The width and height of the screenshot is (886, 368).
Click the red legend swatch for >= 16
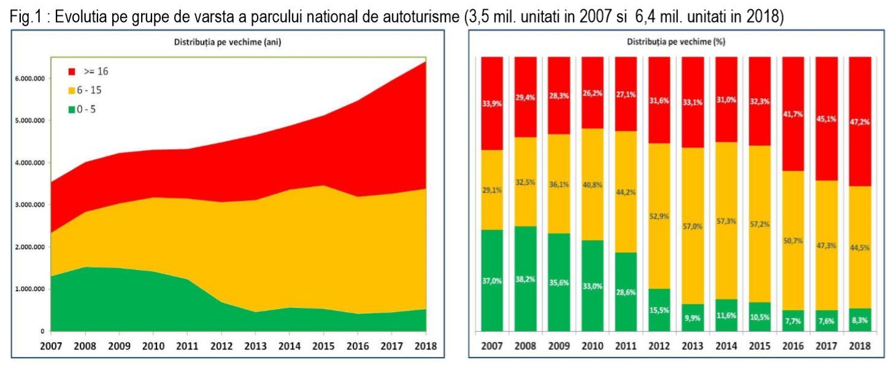pyautogui.click(x=72, y=72)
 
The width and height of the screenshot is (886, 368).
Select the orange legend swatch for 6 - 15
pyautogui.click(x=72, y=90)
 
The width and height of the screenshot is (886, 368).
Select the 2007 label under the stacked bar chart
pyautogui.click(x=492, y=345)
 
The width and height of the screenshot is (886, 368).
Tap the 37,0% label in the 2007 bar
pyautogui.click(x=492, y=281)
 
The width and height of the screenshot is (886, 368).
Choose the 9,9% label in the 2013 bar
pyautogui.click(x=692, y=318)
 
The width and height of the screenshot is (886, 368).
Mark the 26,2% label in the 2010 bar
pyautogui.click(x=592, y=94)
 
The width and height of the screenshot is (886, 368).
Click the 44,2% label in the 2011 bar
pyautogui.click(x=625, y=192)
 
